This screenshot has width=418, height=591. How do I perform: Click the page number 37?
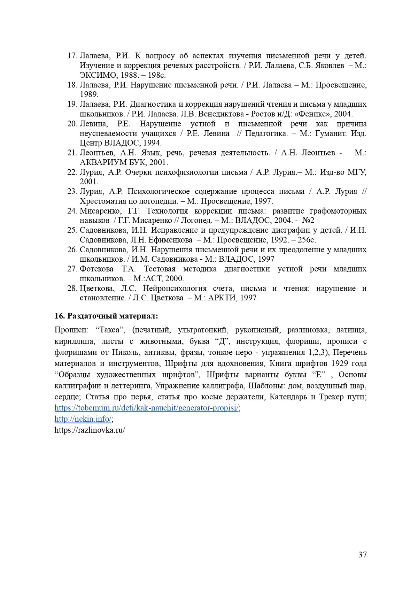pyautogui.click(x=362, y=554)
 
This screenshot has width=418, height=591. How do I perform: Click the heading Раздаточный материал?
pyautogui.click(x=106, y=316)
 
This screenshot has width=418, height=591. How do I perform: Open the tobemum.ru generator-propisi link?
pyautogui.click(x=147, y=408)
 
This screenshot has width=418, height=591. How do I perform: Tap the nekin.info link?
pyautogui.click(x=83, y=419)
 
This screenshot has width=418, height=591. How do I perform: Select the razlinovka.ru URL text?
pyautogui.click(x=90, y=430)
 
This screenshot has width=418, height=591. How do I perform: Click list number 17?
pyautogui.click(x=72, y=56)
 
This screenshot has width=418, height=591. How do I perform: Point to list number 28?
pyautogui.click(x=72, y=289)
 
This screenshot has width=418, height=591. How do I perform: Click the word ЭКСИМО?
pyautogui.click(x=95, y=75)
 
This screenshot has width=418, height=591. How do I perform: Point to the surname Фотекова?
pyautogui.click(x=97, y=269)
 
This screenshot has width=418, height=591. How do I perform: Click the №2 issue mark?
pyautogui.click(x=308, y=221)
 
